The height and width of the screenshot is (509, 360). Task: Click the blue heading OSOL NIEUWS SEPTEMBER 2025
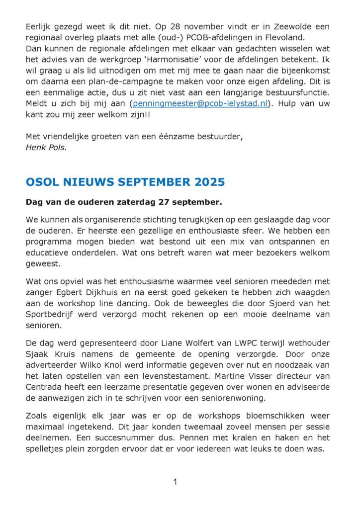pos(125,182)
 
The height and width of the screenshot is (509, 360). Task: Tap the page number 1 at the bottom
pos(175,481)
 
